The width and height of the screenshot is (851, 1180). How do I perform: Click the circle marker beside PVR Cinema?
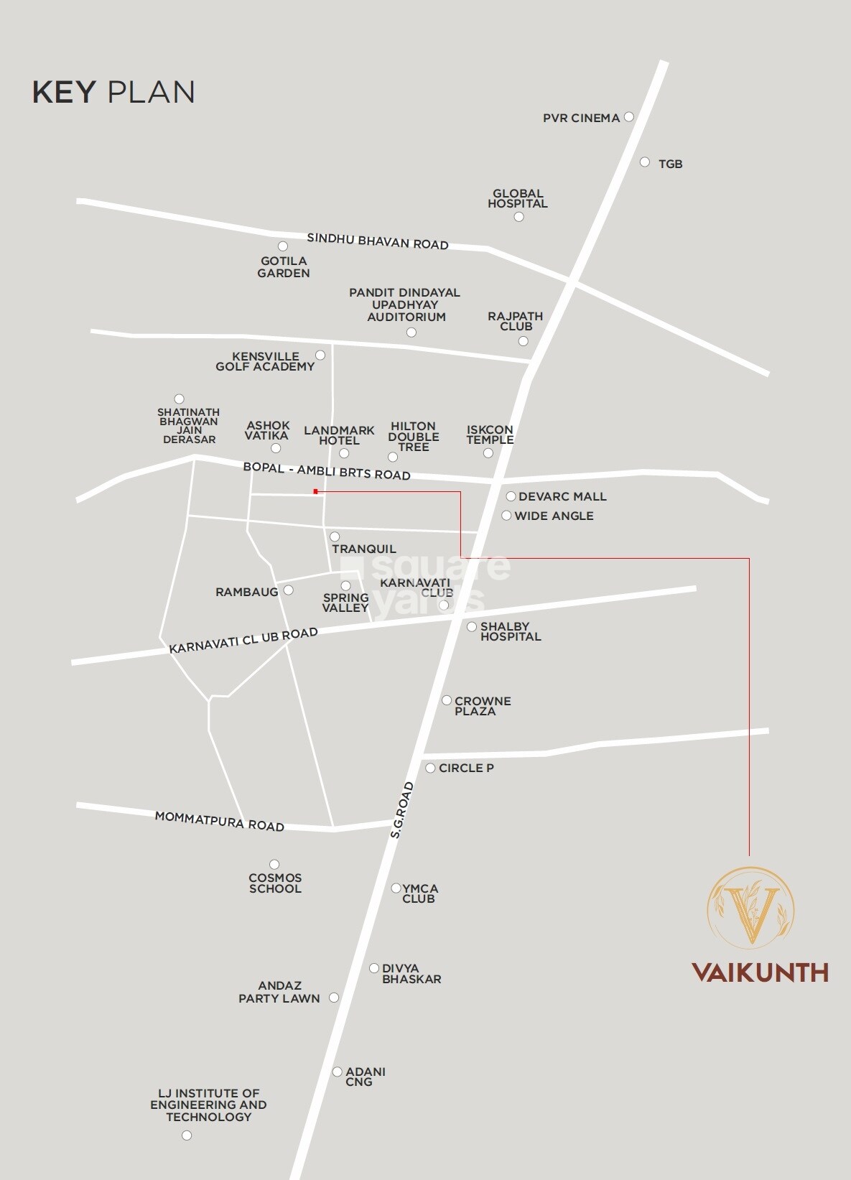coord(629,116)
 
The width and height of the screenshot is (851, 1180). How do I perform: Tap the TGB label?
coord(670,164)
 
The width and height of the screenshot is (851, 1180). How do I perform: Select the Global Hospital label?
coord(518,198)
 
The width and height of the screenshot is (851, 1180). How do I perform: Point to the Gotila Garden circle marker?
coord(283,246)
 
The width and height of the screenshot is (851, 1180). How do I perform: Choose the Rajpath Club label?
coord(515,321)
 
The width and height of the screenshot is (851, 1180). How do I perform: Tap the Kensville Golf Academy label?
coord(265,361)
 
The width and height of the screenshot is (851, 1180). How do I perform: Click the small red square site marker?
coord(315,491)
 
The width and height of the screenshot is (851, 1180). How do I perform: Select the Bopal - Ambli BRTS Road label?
coord(327,470)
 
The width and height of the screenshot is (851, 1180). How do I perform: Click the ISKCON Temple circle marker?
coord(488,453)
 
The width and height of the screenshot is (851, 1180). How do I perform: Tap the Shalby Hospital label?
coord(511,631)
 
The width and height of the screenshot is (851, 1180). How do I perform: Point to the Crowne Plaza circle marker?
coord(447,700)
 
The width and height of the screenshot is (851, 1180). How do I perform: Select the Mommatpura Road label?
coord(220,821)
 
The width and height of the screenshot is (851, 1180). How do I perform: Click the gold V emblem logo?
coord(751,906)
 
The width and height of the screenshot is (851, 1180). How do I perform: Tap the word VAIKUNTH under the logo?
coord(760,972)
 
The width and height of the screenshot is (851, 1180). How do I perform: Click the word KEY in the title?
coord(64,93)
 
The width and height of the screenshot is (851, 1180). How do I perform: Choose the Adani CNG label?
coord(366,1077)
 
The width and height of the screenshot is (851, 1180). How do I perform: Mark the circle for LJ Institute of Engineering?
coord(187,1135)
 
